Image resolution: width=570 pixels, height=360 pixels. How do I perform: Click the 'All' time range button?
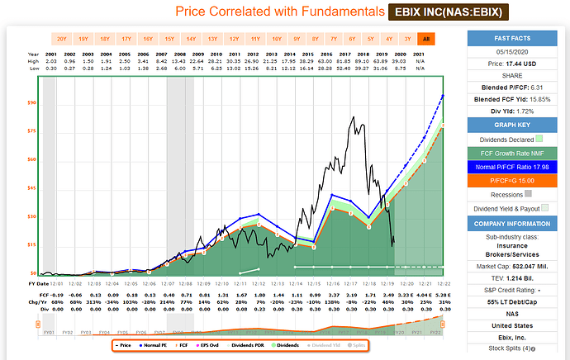coord(426,38)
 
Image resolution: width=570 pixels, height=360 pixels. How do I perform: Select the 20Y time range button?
coord(61,38)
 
